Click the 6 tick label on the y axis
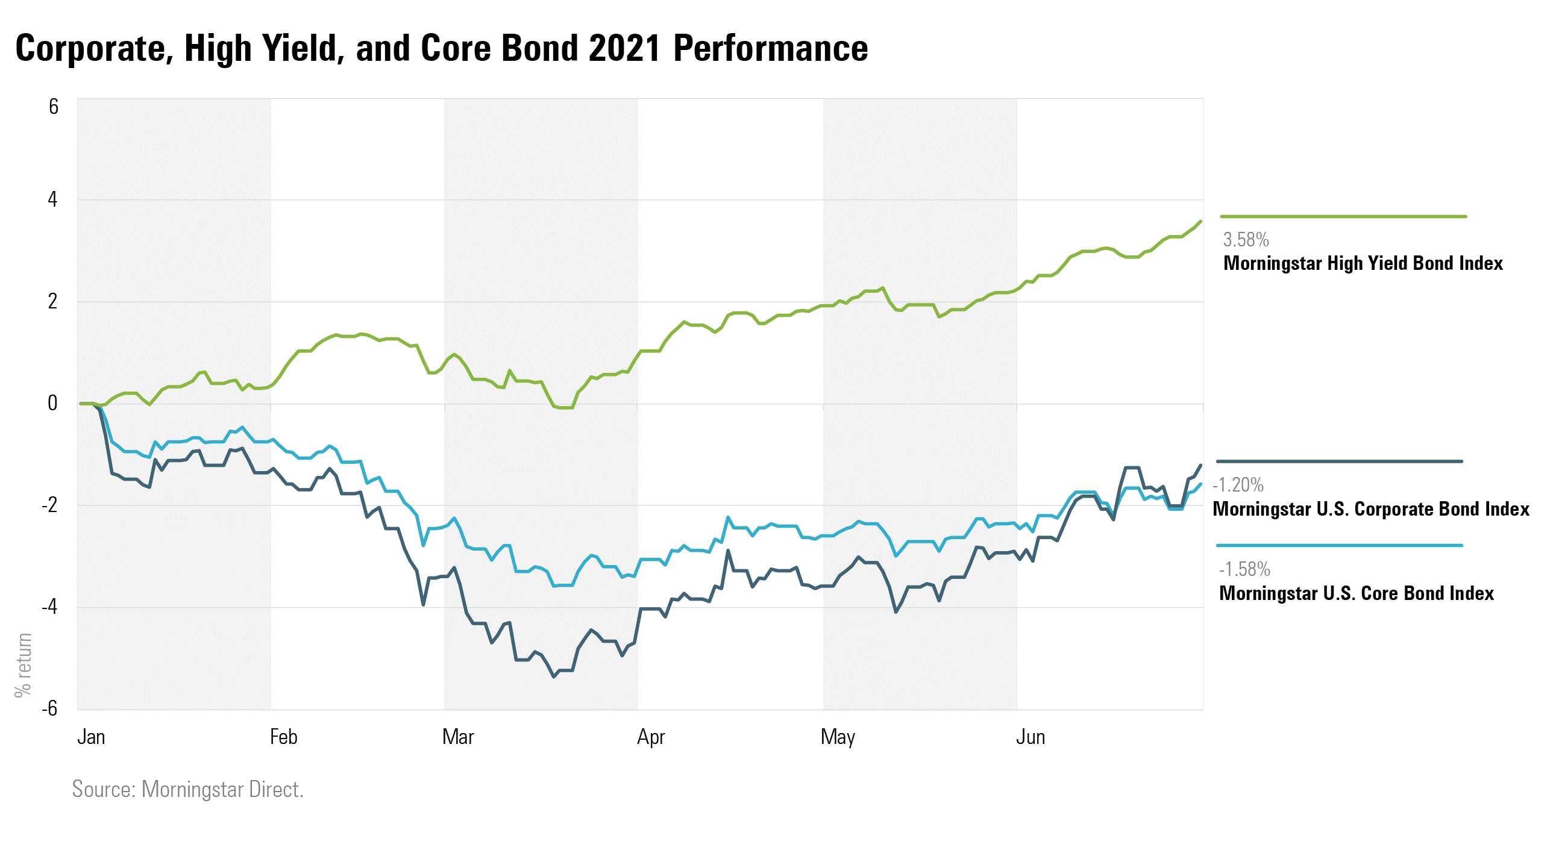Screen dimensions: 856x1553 [54, 107]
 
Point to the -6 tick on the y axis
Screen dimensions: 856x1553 [50, 708]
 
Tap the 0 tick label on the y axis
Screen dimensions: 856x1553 [53, 402]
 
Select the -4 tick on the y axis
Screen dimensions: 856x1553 [50, 607]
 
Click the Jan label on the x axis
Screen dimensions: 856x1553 [91, 737]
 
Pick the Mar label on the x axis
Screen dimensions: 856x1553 [457, 737]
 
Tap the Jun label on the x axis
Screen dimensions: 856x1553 [1031, 737]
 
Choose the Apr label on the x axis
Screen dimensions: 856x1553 [650, 737]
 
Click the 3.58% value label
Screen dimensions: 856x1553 [1246, 240]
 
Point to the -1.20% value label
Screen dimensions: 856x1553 [1238, 485]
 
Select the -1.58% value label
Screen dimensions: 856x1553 [1244, 569]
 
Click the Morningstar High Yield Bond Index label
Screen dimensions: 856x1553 [1363, 263]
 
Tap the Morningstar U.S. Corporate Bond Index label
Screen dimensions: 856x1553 [1370, 509]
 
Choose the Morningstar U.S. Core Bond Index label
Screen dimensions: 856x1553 [1356, 593]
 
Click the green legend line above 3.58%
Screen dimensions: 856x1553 [1343, 216]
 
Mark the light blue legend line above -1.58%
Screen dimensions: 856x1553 [1339, 546]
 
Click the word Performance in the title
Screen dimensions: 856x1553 [770, 48]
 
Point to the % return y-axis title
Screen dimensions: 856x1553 [23, 665]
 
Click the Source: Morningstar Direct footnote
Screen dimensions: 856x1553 [187, 789]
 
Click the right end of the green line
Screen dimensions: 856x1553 [1200, 222]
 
